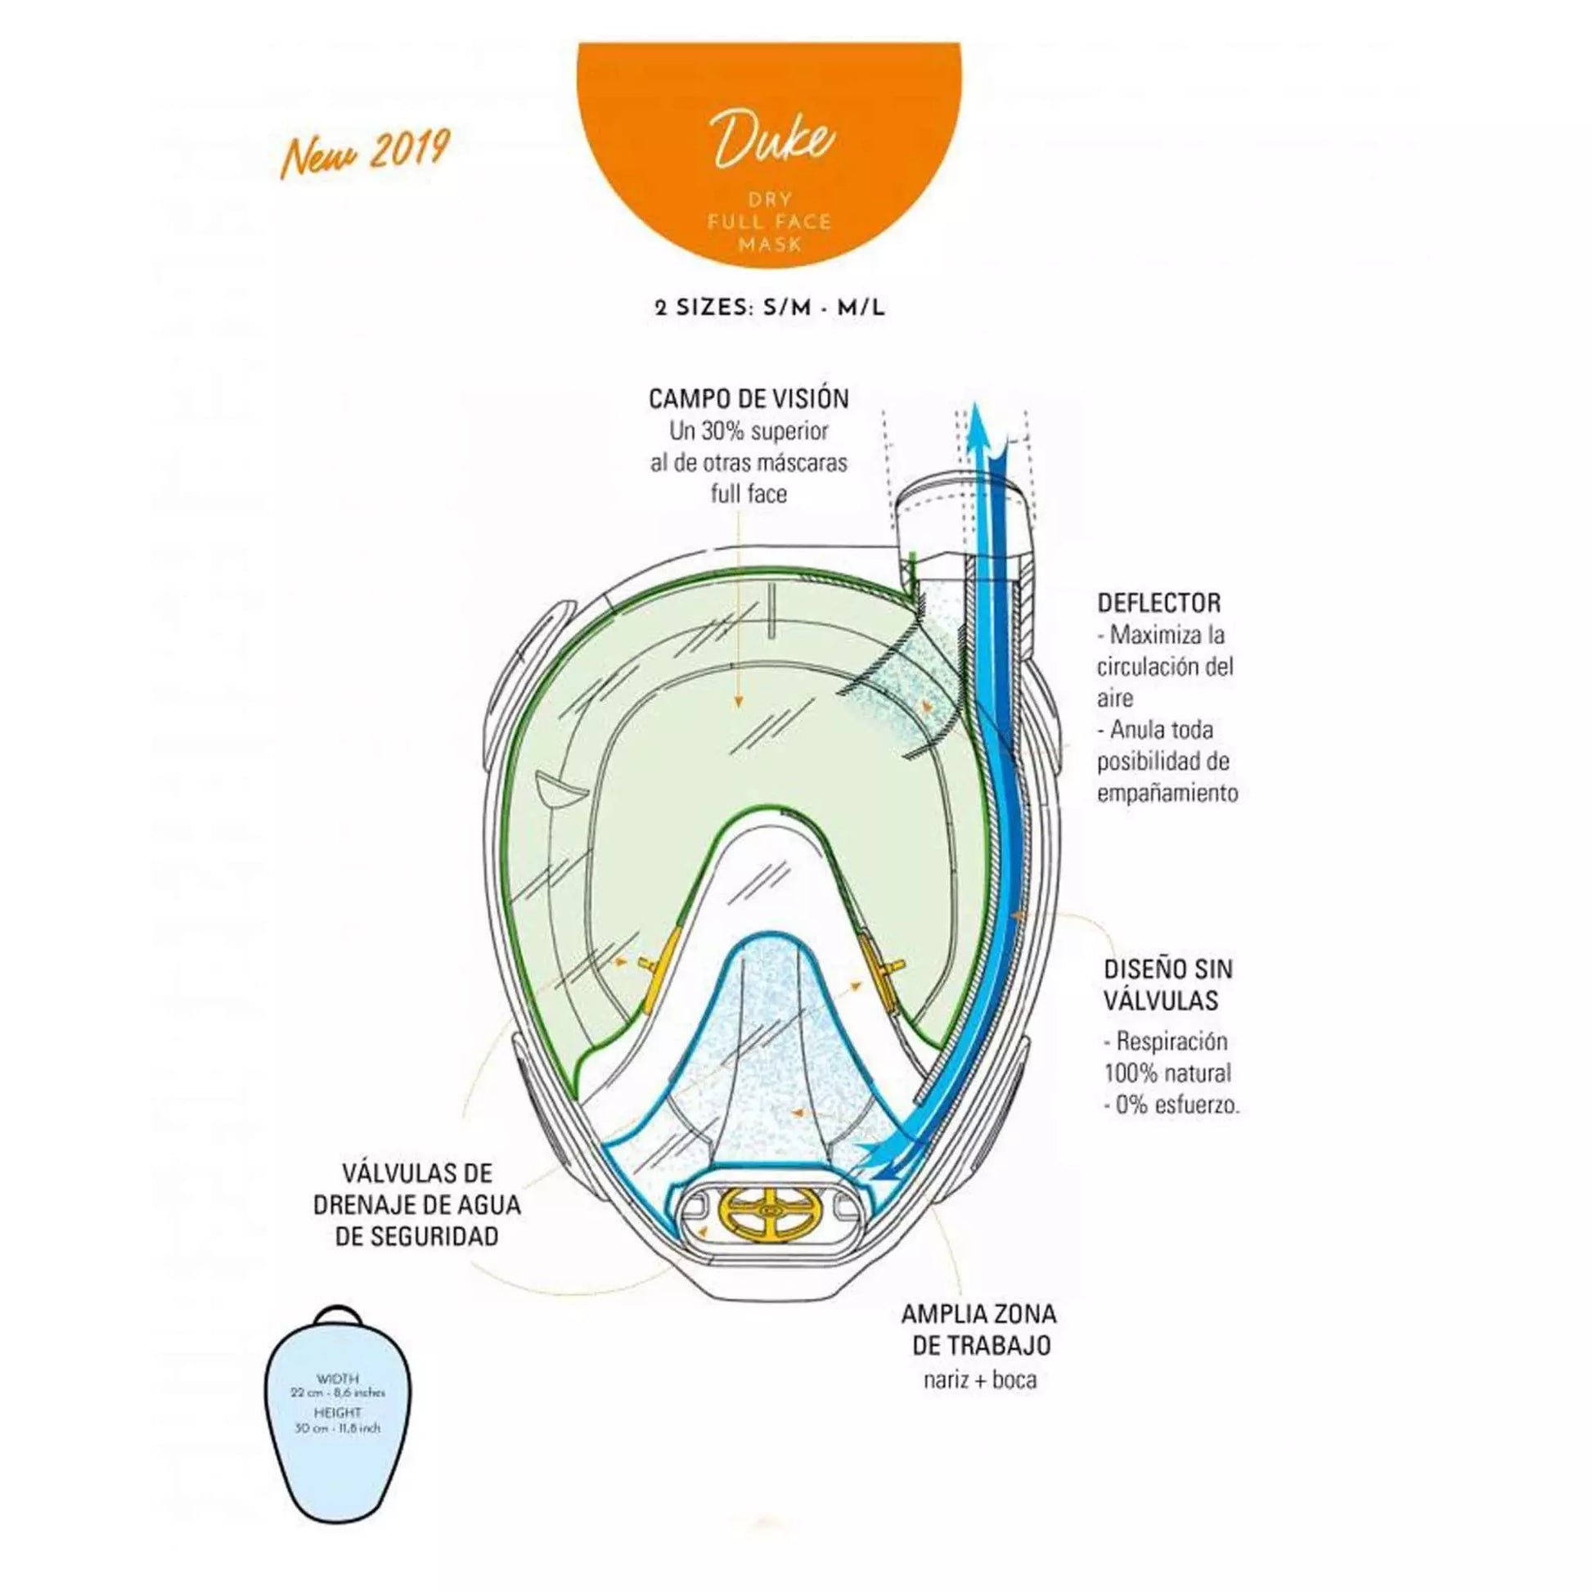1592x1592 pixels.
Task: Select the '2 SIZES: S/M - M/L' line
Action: [770, 309]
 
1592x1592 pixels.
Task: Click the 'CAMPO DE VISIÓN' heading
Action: [749, 400]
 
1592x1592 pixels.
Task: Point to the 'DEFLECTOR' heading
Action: [1158, 602]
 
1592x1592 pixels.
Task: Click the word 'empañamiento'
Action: [1167, 793]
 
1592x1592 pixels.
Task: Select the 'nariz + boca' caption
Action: [980, 1379]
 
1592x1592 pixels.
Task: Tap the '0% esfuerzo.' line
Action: [1172, 1106]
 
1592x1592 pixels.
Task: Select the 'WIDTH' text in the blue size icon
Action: [337, 1378]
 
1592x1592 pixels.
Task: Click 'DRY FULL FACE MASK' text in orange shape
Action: [771, 221]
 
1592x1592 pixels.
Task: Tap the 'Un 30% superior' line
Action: [749, 431]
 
